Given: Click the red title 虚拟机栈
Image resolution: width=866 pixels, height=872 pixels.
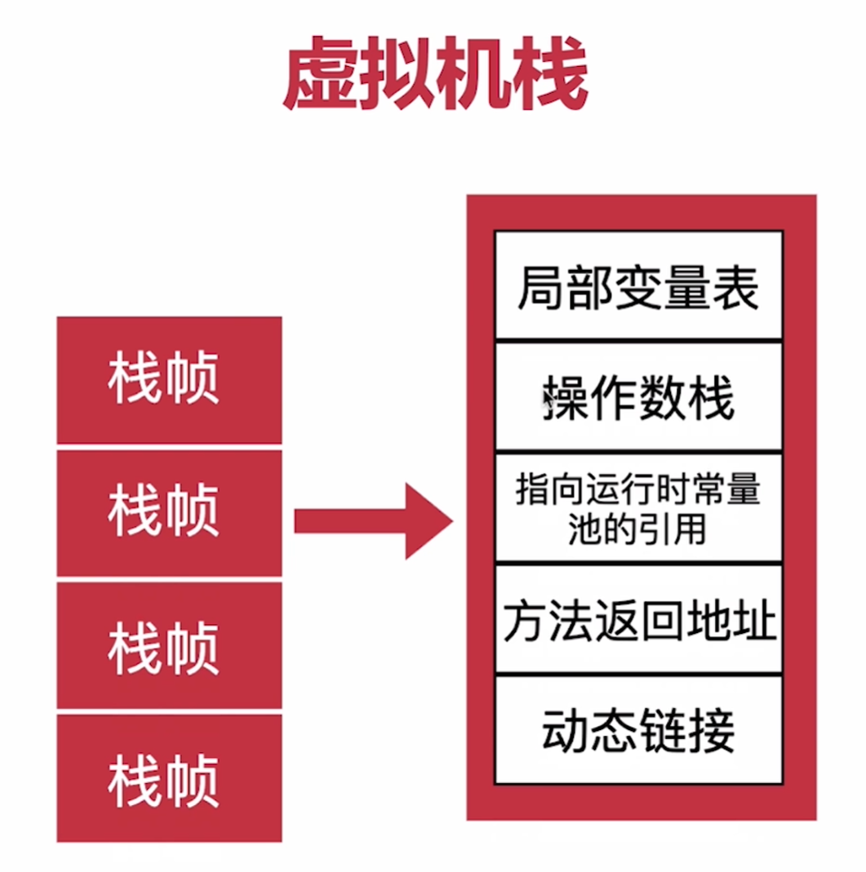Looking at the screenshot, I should [434, 77].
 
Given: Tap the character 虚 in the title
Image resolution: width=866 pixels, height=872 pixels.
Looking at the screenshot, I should [320, 77].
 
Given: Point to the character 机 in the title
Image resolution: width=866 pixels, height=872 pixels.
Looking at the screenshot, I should [473, 77].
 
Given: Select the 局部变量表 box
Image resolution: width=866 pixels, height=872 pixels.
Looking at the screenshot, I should [638, 286].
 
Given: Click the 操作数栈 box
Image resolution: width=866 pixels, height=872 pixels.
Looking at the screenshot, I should [638, 396].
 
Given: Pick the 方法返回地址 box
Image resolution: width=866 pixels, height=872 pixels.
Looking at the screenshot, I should [638, 620].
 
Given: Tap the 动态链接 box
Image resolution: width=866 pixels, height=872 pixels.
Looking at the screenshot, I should [638, 730].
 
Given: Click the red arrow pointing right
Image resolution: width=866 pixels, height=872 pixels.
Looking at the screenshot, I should [371, 520].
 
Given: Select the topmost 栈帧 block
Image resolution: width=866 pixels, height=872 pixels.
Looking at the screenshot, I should [169, 380].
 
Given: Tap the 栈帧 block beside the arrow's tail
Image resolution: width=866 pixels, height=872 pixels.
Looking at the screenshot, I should [169, 513].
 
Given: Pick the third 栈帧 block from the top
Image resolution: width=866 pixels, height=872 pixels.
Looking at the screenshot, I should [169, 646].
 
